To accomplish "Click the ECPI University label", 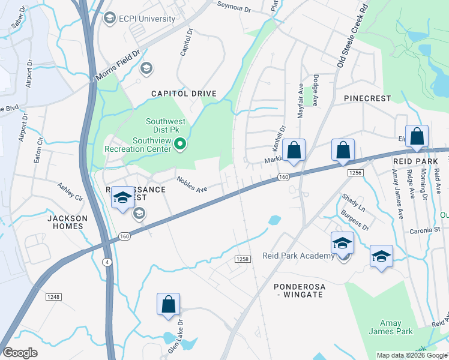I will (x=147, y=19).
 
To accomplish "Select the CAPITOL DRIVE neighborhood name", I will (x=184, y=94).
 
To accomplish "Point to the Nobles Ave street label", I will (x=192, y=184).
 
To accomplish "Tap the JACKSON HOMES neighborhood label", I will (x=67, y=223).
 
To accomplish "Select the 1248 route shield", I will (x=53, y=296).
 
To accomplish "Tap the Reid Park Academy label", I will (x=298, y=256).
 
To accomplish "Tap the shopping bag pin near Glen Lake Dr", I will (x=169, y=305).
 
